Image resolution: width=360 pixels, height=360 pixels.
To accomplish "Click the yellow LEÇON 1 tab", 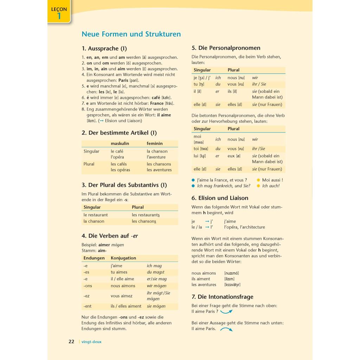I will (x=59, y=13).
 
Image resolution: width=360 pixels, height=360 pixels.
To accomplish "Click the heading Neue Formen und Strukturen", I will (x=131, y=34).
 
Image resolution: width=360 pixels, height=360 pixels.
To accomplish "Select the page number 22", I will (x=71, y=341).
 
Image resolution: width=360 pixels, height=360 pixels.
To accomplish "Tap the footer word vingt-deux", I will (x=91, y=342).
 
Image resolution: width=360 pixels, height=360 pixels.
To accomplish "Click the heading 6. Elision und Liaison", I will (x=220, y=198).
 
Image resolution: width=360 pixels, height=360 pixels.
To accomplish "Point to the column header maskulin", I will (x=120, y=143).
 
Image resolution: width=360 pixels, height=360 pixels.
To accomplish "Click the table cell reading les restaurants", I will (x=146, y=215).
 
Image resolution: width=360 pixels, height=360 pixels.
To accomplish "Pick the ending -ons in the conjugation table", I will (x=88, y=286).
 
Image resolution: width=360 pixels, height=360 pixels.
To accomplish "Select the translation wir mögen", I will (x=156, y=286).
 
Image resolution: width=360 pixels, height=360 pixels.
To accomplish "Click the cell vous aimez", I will (x=122, y=296).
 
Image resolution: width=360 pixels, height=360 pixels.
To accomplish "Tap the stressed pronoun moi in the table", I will (x=197, y=136).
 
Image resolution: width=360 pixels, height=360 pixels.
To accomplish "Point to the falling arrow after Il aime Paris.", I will (x=226, y=329).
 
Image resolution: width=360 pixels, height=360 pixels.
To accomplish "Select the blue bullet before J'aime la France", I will (x=193, y=180).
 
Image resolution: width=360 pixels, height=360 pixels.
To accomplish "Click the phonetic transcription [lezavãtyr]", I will (x=232, y=285).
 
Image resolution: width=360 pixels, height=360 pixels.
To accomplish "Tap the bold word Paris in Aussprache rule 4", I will (x=124, y=80).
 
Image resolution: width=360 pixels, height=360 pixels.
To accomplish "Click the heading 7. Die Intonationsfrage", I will (x=222, y=297).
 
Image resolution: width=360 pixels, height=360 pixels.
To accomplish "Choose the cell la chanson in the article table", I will (x=157, y=151).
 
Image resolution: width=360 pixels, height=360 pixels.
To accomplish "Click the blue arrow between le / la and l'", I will (x=207, y=227).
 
